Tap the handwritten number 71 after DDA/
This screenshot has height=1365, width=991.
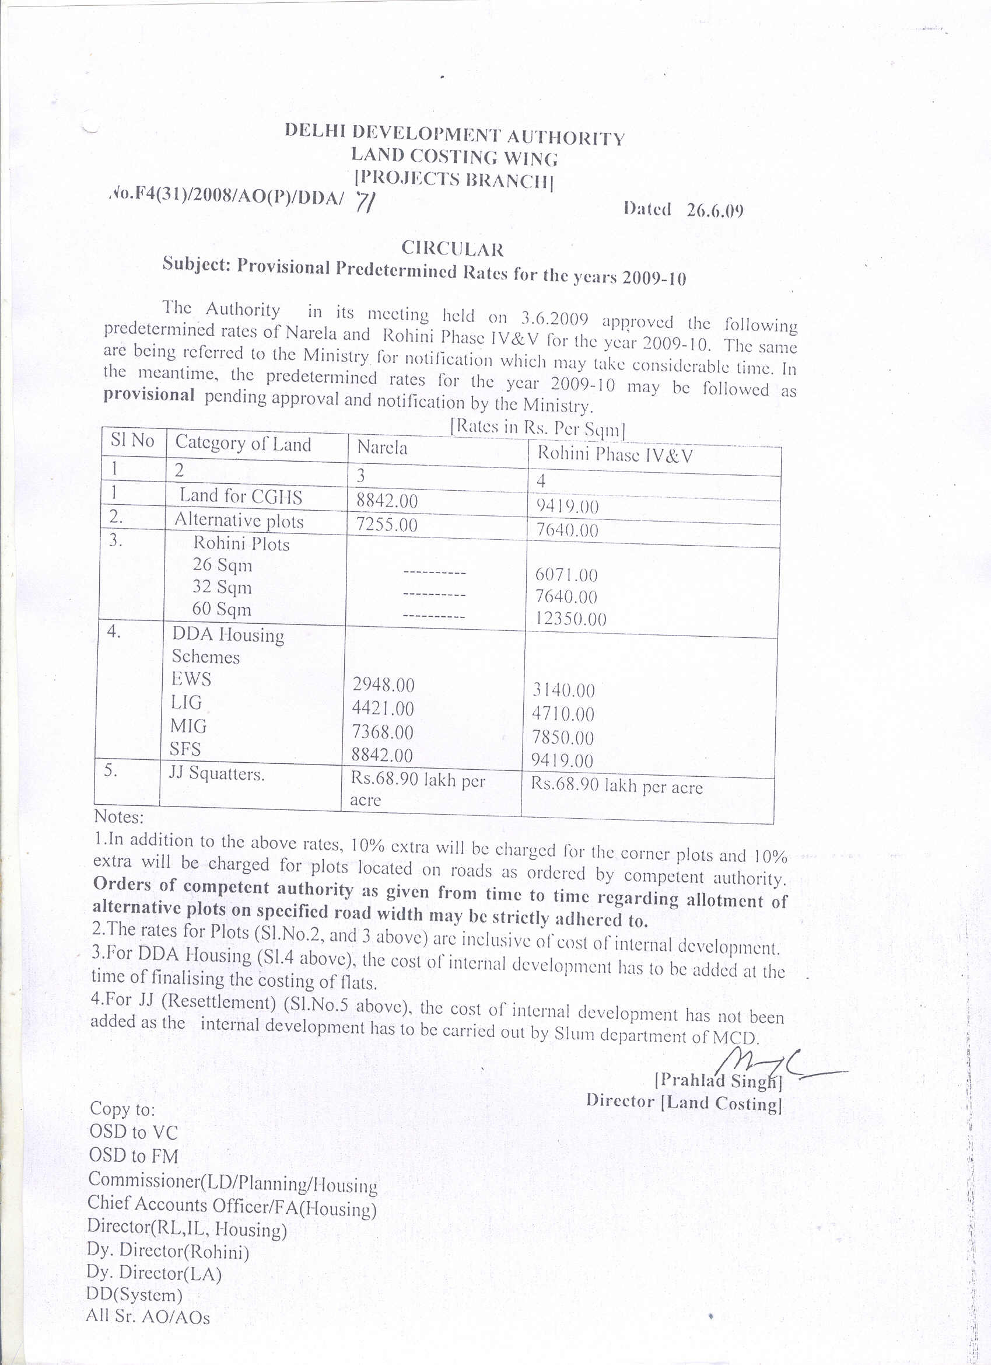(365, 203)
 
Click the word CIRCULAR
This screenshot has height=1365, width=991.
(453, 249)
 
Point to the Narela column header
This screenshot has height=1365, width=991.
(382, 448)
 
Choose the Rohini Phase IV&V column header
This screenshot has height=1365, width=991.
(615, 455)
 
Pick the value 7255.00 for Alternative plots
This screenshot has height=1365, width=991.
(387, 525)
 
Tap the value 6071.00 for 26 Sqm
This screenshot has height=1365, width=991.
(566, 575)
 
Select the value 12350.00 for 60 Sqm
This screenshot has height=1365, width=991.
(570, 619)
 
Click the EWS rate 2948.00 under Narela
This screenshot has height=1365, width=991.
(383, 685)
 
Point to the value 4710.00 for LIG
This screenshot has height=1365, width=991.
(563, 714)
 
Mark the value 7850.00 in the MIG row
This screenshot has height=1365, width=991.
(563, 738)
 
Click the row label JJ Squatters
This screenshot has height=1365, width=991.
(216, 773)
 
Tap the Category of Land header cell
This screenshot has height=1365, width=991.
(243, 444)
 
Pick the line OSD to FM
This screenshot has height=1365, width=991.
(134, 1156)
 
